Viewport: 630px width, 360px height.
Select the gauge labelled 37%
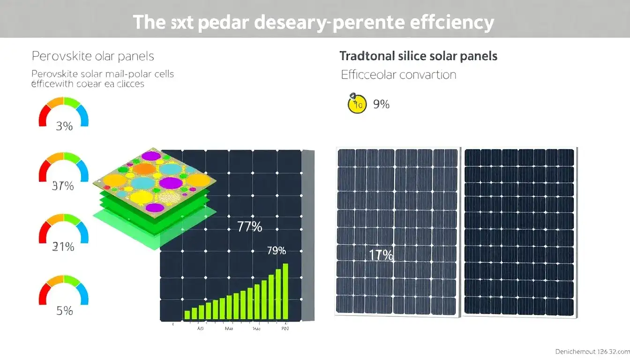(x=63, y=167)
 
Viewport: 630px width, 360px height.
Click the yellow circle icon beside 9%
(x=357, y=104)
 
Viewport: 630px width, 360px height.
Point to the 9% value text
(x=381, y=105)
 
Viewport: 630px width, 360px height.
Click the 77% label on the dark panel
(x=249, y=227)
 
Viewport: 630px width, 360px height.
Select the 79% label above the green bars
(x=276, y=251)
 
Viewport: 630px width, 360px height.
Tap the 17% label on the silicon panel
(x=381, y=255)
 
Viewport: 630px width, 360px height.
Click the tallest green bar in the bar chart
(x=285, y=291)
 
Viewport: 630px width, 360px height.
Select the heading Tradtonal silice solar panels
(x=418, y=56)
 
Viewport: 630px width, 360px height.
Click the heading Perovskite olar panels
(x=93, y=57)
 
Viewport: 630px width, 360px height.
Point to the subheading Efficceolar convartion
(x=398, y=75)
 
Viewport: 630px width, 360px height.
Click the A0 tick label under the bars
(x=201, y=329)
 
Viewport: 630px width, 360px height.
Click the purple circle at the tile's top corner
(x=151, y=155)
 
